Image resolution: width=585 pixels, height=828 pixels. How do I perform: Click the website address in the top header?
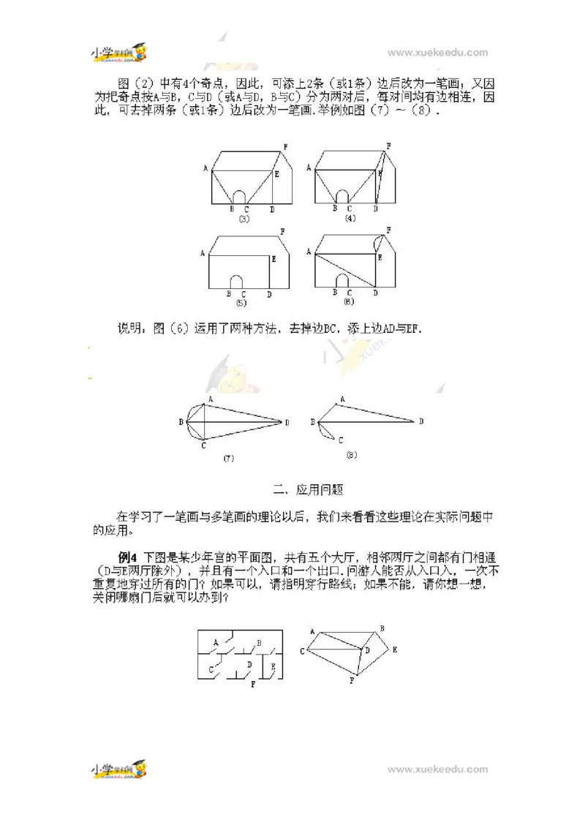pyautogui.click(x=437, y=53)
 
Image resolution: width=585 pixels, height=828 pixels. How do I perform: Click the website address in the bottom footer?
pyautogui.click(x=437, y=769)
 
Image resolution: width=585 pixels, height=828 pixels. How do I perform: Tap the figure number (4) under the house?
pyautogui.click(x=350, y=218)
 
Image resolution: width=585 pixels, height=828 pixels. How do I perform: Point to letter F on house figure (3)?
pyautogui.click(x=285, y=147)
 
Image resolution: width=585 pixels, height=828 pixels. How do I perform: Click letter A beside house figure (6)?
pyautogui.click(x=309, y=252)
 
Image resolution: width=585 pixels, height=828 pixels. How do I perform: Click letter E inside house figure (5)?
pyautogui.click(x=273, y=259)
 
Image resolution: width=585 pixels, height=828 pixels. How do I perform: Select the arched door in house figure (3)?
pyautogui.click(x=238, y=196)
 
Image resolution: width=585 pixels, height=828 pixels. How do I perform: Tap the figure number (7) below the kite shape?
pyautogui.click(x=228, y=458)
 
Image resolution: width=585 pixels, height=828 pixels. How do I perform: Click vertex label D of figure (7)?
pyautogui.click(x=287, y=423)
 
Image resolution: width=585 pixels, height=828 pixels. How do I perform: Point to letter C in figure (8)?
pyautogui.click(x=341, y=440)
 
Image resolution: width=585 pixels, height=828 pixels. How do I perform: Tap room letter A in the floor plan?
pyautogui.click(x=216, y=641)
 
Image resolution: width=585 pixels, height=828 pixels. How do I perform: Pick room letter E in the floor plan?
pyautogui.click(x=273, y=666)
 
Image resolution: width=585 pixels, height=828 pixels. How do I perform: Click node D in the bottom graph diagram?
pyautogui.click(x=367, y=649)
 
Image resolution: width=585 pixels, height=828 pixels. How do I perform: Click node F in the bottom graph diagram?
pyautogui.click(x=352, y=681)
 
